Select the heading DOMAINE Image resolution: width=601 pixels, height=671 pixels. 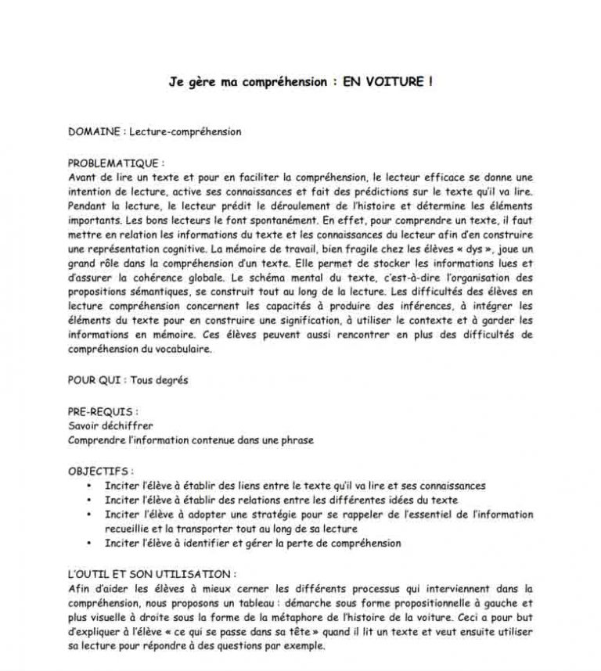click(93, 131)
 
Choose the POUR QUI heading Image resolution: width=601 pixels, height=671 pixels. click(93, 381)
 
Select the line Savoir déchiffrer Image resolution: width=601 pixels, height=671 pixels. click(110, 426)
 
